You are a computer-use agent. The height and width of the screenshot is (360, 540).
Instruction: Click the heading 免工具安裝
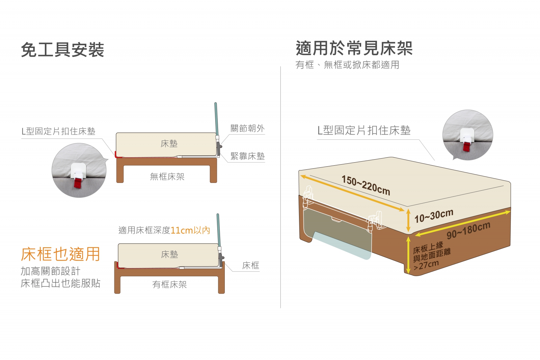(x=62, y=50)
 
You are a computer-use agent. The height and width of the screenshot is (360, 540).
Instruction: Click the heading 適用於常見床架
(x=354, y=48)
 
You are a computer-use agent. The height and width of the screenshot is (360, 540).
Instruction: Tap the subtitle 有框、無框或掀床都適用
(x=347, y=64)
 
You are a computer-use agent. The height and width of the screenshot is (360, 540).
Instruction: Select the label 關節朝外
(x=248, y=128)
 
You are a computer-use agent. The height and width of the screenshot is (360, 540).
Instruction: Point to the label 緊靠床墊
(x=248, y=156)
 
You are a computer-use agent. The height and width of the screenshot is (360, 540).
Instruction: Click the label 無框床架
(x=167, y=177)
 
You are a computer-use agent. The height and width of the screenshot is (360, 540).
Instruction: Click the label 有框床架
(x=169, y=284)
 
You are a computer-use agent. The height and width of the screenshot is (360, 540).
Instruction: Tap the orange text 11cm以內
(x=190, y=230)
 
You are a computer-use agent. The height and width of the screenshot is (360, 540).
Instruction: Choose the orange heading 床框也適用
(x=60, y=254)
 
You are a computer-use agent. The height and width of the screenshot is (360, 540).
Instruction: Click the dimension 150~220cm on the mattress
(x=366, y=185)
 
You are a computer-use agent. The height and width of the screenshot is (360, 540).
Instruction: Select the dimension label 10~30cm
(x=434, y=216)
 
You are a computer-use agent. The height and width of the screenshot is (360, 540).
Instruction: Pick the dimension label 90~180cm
(x=468, y=230)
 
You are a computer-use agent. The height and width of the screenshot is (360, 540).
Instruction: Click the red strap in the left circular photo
(x=78, y=183)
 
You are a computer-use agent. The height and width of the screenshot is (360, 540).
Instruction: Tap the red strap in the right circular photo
(x=466, y=146)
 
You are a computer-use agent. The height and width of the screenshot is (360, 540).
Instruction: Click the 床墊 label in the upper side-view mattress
(x=169, y=144)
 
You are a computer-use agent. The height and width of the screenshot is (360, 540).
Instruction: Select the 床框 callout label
(x=251, y=265)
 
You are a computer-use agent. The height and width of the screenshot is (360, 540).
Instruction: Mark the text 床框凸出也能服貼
(x=60, y=283)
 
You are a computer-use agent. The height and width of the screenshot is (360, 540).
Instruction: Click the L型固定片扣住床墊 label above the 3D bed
(x=364, y=130)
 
